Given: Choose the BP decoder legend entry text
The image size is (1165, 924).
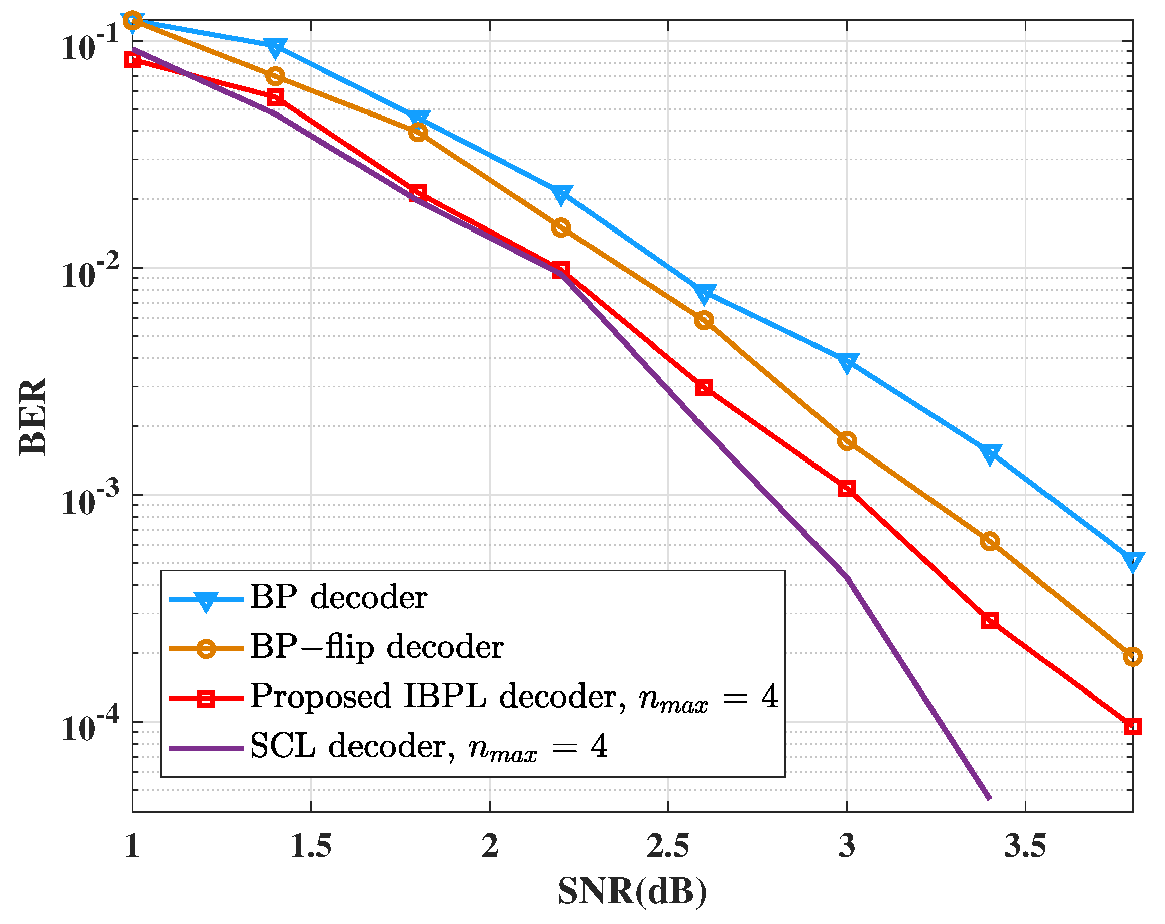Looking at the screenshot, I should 339,598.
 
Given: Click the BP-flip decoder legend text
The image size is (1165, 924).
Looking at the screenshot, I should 377,647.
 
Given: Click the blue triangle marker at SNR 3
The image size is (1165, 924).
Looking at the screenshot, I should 847,362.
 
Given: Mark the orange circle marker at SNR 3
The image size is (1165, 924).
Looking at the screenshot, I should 847,441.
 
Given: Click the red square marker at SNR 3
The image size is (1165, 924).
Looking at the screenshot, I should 847,489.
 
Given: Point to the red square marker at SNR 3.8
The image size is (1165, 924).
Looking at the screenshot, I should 1132,726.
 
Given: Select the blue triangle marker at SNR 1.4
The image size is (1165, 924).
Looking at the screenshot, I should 275,48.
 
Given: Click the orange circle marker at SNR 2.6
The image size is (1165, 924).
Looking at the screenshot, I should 704,320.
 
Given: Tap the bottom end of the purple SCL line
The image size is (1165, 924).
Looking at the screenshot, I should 989,798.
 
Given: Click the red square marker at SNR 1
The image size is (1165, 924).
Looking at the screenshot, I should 133,59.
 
